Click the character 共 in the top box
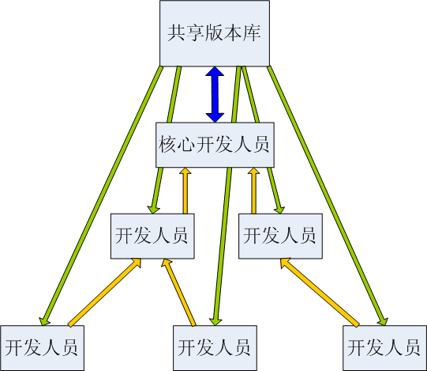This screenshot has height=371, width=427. pos(176,33)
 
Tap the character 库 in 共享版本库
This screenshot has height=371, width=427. pos(252,33)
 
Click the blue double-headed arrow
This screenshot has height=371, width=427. pos(215,94)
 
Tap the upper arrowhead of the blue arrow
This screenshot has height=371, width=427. pos(215,71)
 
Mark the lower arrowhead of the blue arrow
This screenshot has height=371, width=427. pos(215,117)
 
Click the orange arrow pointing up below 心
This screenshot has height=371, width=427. pos(185,191)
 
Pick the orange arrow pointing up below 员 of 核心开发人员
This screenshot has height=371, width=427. pos(254,191)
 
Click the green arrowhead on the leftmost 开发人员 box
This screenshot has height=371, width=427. pos(44,321)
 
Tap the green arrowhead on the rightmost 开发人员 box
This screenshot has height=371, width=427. pos(383,321)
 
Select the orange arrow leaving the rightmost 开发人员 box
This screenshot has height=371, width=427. pos(320,292)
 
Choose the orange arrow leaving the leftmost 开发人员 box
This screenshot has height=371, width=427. pos(104,292)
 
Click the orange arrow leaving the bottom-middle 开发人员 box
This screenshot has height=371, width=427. pos(178,292)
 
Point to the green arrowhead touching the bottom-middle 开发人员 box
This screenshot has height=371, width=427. pos(215,321)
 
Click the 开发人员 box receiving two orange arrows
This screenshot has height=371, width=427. pos(152,237)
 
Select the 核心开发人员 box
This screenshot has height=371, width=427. pos(215,145)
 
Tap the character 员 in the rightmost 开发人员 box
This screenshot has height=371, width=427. pos(411,347)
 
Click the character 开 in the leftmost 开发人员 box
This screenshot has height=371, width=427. pos(14,347)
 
